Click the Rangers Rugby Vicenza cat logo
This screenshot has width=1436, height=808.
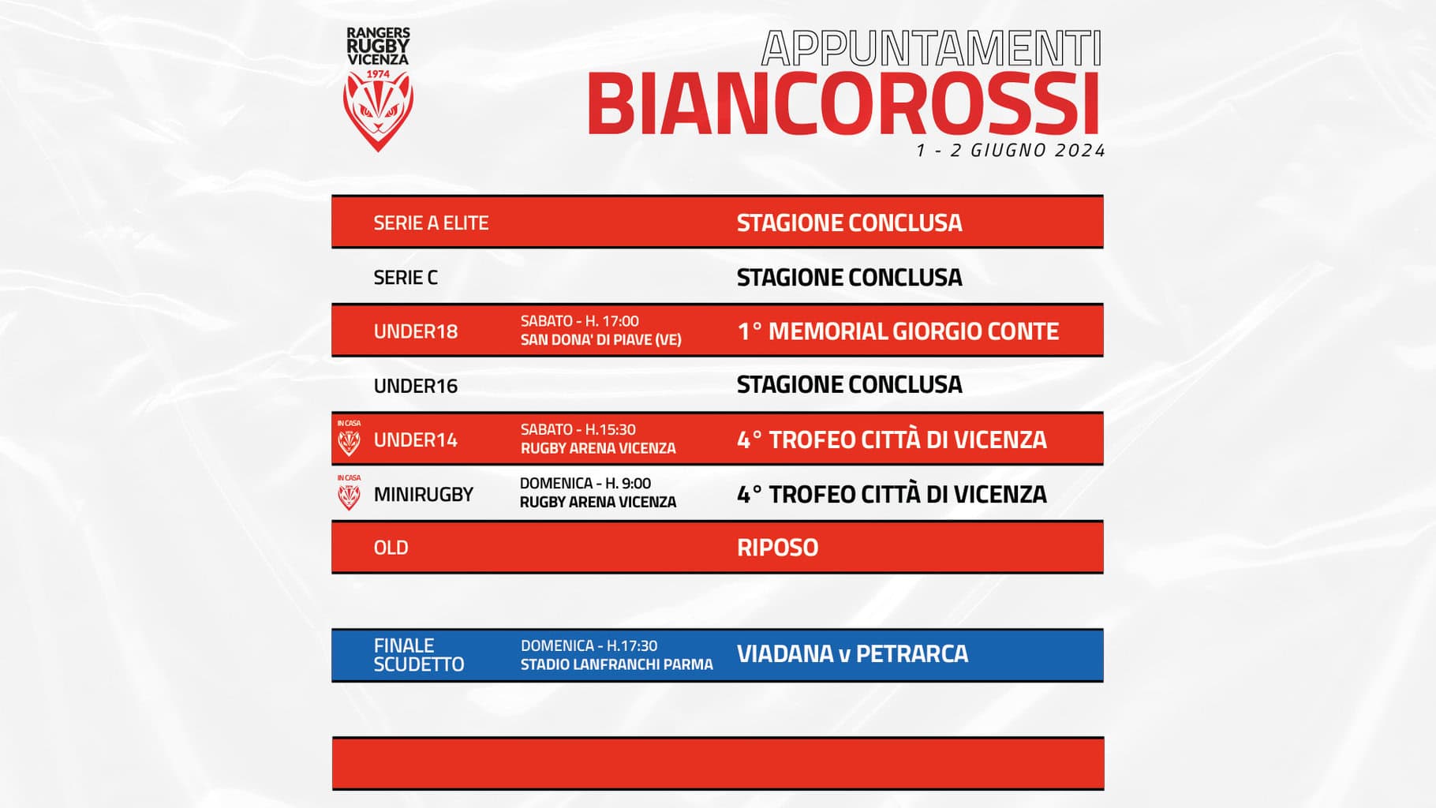click(378, 90)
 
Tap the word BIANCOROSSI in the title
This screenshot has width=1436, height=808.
click(843, 104)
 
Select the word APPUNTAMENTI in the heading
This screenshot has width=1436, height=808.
click(932, 49)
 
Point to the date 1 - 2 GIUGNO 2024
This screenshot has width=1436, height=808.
click(1011, 151)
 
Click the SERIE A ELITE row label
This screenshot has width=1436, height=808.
click(431, 223)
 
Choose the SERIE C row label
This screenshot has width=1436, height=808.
click(406, 278)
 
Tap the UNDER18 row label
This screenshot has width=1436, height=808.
click(416, 331)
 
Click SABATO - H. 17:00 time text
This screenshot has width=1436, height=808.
click(580, 321)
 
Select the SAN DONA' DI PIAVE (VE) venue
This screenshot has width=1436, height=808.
click(601, 340)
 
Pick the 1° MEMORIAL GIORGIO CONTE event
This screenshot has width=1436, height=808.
click(898, 331)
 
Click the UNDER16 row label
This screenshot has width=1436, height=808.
click(416, 386)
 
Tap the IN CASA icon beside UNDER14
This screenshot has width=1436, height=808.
click(349, 439)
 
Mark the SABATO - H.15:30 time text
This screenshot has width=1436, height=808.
click(578, 430)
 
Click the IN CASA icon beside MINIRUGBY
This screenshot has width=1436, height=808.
click(349, 493)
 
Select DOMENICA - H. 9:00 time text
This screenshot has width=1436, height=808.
click(585, 484)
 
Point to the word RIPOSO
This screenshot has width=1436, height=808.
click(777, 548)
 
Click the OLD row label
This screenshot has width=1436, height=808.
click(391, 548)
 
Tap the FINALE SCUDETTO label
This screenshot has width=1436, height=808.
click(419, 655)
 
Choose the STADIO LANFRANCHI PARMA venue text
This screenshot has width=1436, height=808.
click(617, 665)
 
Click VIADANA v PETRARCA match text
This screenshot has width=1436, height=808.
click(852, 654)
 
